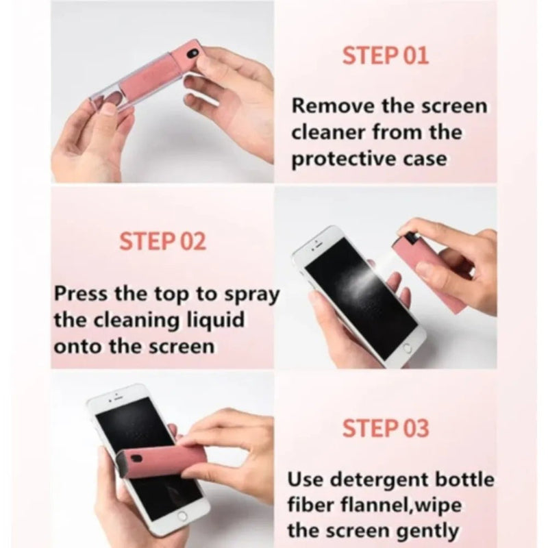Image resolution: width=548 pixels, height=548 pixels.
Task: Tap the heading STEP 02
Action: tap(162, 241)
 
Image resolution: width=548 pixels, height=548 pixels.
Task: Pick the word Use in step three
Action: tap(304, 478)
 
